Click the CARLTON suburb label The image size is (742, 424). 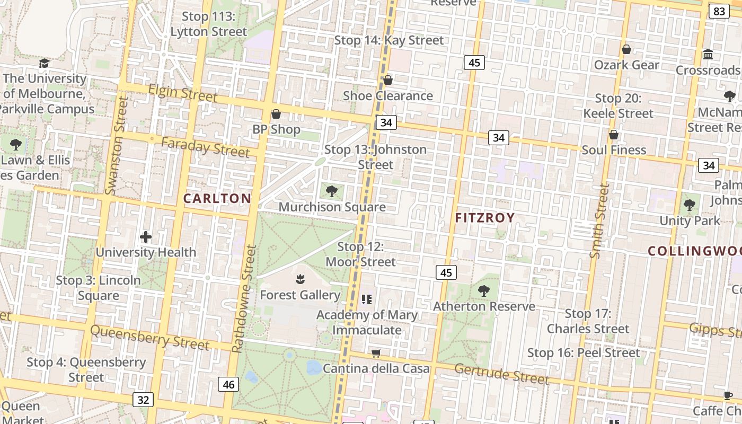[217, 199]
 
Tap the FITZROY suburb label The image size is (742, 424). [485, 218]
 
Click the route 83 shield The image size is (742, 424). [719, 12]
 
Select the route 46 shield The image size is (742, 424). [228, 384]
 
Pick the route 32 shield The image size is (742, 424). [144, 400]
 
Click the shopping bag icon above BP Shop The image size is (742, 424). [276, 114]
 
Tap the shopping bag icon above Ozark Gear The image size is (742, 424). [626, 49]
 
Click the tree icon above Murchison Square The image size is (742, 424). [332, 191]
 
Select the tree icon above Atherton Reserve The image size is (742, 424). [483, 290]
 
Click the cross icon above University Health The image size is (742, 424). [146, 237]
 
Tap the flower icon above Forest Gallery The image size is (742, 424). [300, 279]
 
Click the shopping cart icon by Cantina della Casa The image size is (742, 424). [376, 353]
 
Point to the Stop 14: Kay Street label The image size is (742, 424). [389, 40]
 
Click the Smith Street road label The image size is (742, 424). [599, 221]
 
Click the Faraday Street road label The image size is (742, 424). [205, 147]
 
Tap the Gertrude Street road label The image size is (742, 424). [501, 374]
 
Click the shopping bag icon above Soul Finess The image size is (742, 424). [614, 135]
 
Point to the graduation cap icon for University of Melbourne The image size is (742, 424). [44, 64]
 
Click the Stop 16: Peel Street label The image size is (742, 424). [584, 353]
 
